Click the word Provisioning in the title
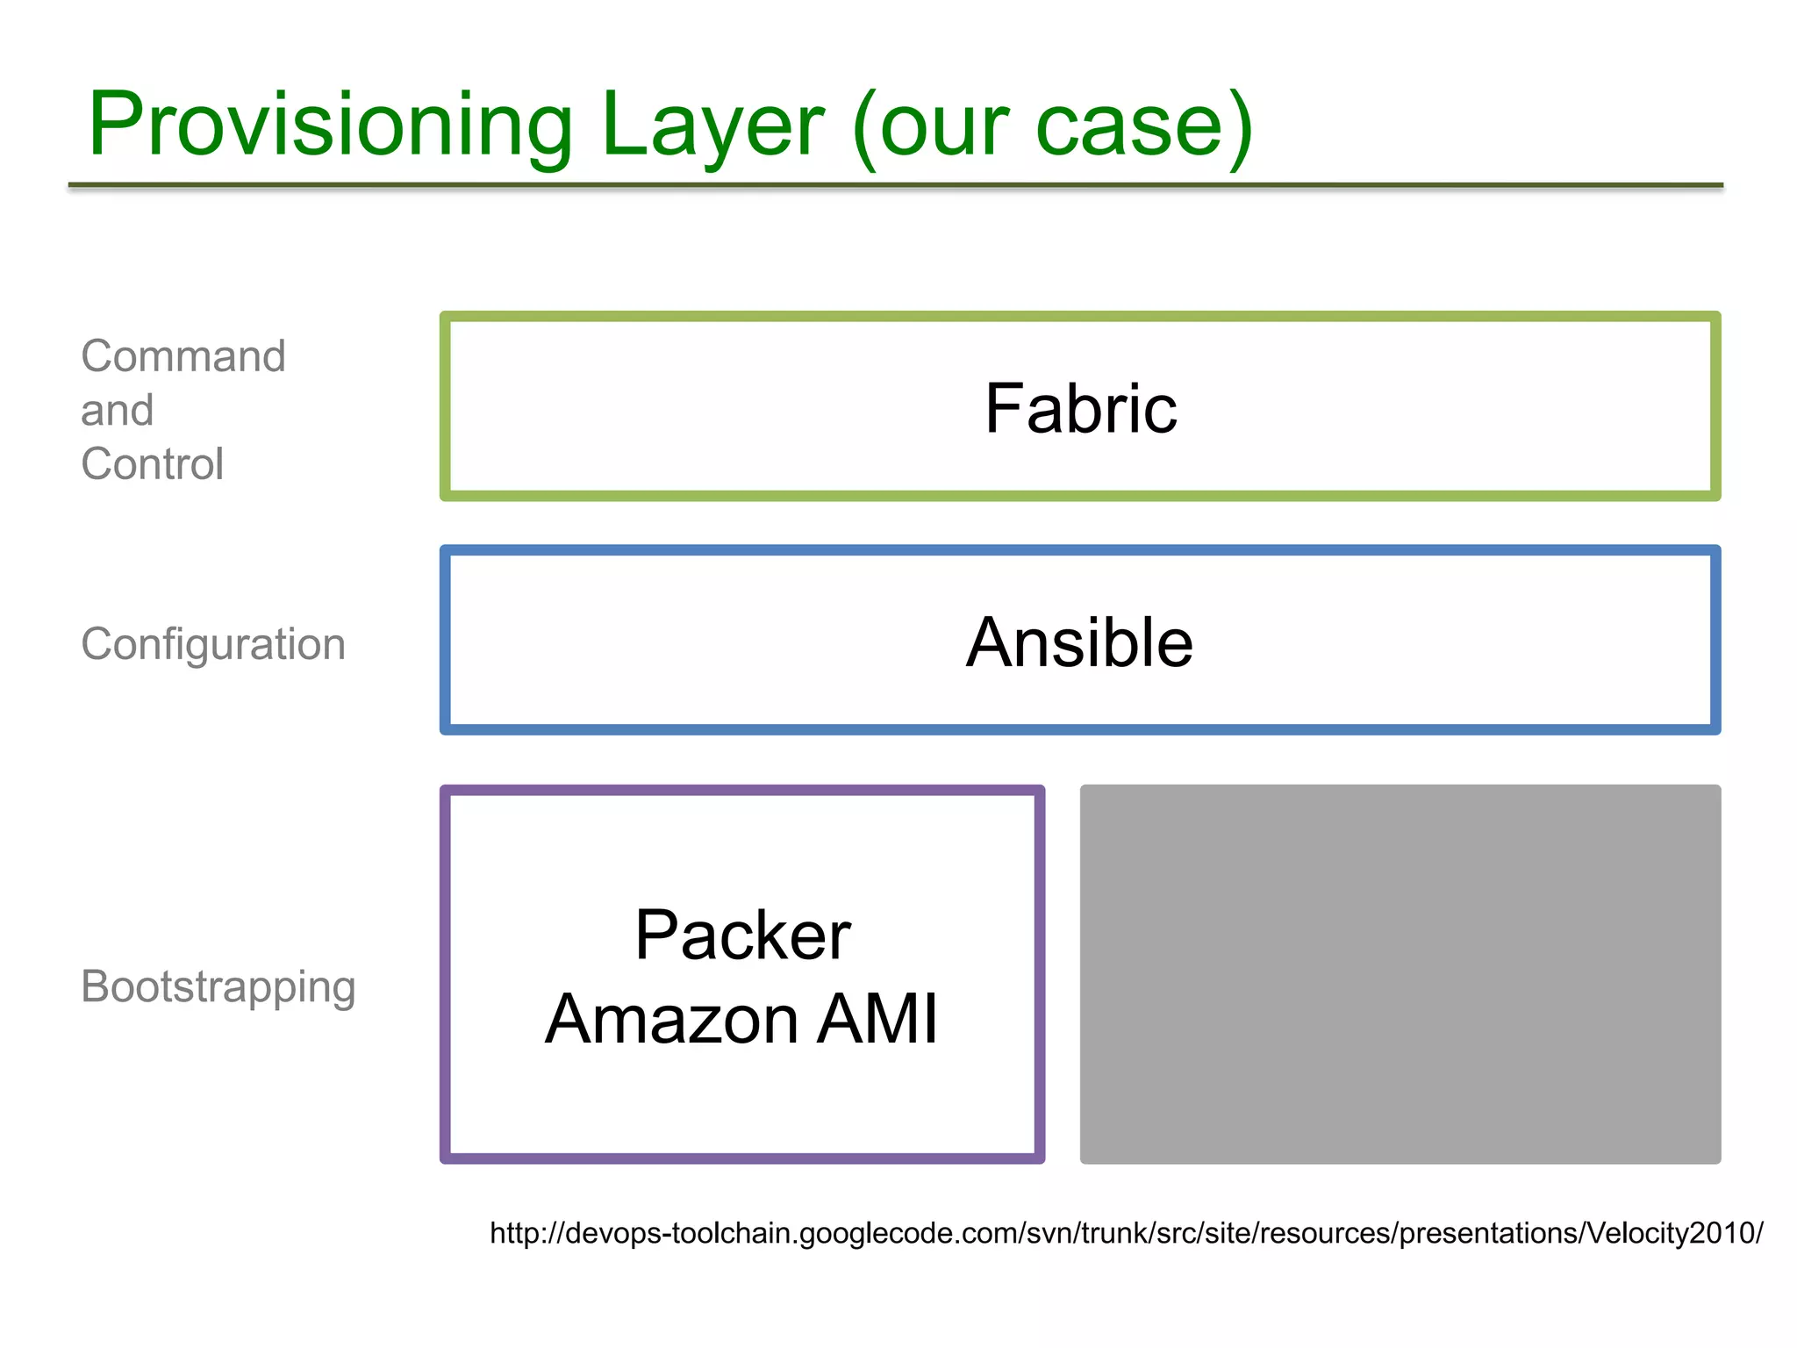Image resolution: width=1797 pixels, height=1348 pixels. (x=330, y=125)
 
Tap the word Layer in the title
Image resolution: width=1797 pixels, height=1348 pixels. (x=711, y=125)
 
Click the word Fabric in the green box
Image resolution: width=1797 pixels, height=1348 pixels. (x=1080, y=409)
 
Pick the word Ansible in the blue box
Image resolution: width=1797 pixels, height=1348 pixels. (x=1079, y=642)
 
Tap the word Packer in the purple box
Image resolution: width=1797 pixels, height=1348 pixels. (x=742, y=936)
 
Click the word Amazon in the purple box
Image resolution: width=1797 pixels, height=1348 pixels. (x=671, y=1019)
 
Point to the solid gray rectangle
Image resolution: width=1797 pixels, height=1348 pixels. (x=1400, y=974)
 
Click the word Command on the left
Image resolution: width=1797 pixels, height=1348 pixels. (x=183, y=356)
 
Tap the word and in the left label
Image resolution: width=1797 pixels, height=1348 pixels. (x=117, y=411)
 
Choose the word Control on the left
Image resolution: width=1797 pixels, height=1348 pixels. (x=152, y=464)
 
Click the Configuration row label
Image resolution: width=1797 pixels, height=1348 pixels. (x=213, y=644)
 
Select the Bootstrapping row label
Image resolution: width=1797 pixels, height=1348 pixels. (x=218, y=986)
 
